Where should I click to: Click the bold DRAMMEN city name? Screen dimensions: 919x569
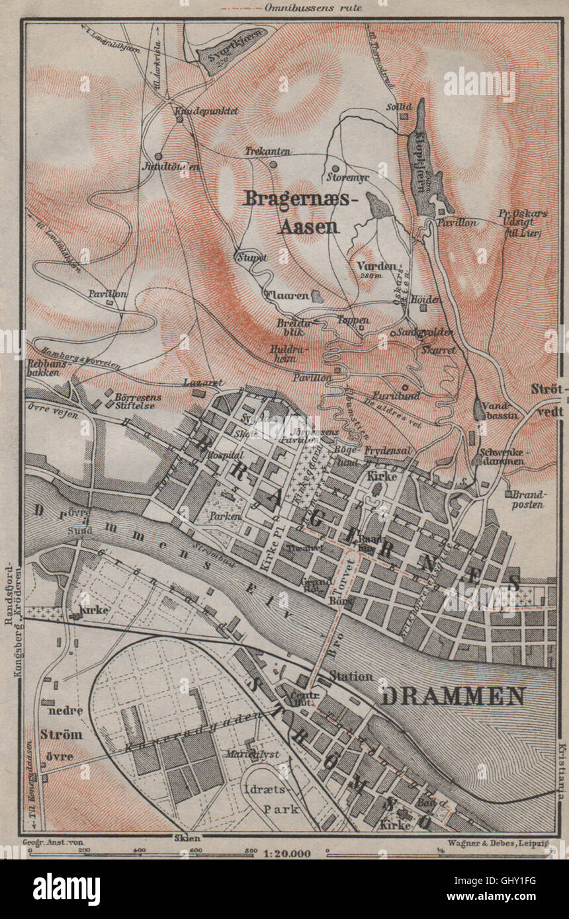(x=453, y=696)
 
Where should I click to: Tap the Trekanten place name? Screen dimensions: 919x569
(x=268, y=151)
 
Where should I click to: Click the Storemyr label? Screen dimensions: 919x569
(x=347, y=177)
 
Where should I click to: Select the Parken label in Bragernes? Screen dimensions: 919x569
(x=223, y=516)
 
